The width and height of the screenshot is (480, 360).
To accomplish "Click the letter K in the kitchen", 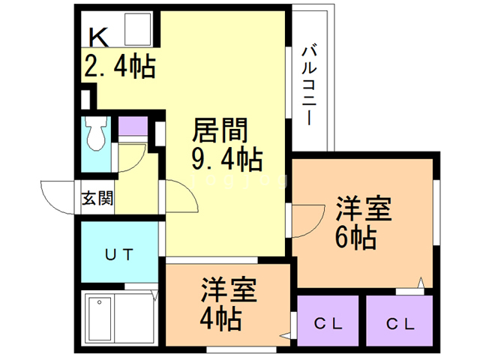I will click(97, 36).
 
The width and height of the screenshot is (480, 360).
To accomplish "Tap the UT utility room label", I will click(118, 254).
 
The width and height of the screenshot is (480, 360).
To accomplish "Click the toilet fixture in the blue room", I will click(95, 133).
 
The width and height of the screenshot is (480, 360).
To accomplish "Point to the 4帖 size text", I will click(220, 319).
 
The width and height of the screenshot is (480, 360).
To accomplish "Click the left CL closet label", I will click(328, 324).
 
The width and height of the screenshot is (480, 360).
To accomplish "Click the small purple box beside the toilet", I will click(133, 126).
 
